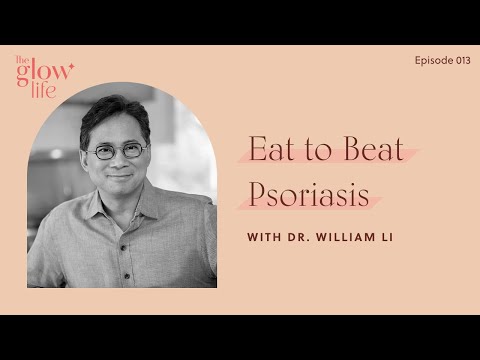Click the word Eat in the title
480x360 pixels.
272,148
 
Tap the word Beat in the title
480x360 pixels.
373,148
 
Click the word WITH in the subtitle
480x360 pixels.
264,237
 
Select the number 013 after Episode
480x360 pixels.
464,60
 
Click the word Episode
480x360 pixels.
434,61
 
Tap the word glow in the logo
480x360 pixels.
42,74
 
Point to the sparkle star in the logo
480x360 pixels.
71,67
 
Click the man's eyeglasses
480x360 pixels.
117,151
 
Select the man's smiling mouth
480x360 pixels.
119,176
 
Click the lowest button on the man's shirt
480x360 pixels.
127,276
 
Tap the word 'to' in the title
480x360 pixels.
319,151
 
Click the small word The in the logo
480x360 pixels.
23,60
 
